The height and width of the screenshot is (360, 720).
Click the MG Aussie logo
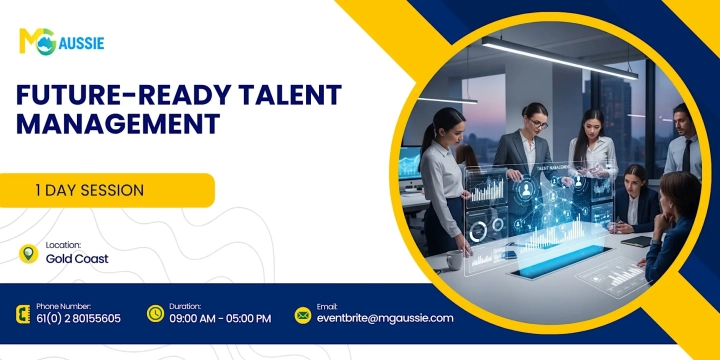pyautogui.click(x=61, y=41)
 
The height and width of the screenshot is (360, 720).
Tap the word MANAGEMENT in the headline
pyautogui.click(x=118, y=124)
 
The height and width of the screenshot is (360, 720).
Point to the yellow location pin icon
pyautogui.click(x=28, y=253)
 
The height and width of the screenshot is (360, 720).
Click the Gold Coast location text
pyautogui.click(x=77, y=259)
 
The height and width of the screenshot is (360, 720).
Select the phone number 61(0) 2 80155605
pyautogui.click(x=78, y=319)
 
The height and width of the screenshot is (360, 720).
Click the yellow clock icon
pyautogui.click(x=155, y=314)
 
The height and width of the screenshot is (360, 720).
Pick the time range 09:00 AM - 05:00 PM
pyautogui.click(x=221, y=319)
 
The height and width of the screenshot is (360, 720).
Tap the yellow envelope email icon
pyautogui.click(x=302, y=314)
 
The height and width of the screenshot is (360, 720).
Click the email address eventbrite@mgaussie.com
pyautogui.click(x=385, y=319)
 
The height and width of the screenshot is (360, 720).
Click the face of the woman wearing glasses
pyautogui.click(x=536, y=121)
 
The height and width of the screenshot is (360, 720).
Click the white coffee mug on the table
pyautogui.click(x=455, y=259)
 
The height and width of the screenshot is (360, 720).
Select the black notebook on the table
pyautogui.click(x=636, y=241)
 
